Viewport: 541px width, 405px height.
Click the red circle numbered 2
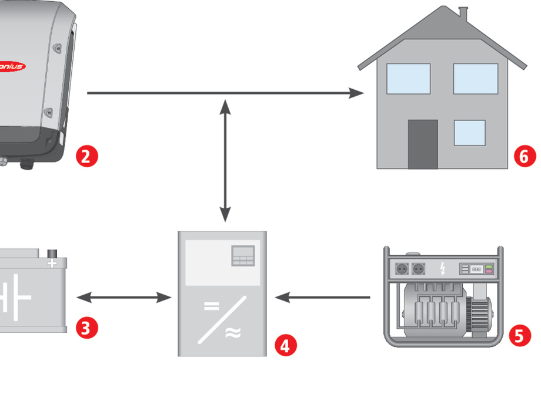pyautogui.click(x=86, y=157)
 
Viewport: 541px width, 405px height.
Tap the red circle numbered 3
pyautogui.click(x=86, y=328)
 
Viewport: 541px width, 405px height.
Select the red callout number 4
pyautogui.click(x=286, y=345)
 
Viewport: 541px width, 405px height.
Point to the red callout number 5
pyautogui.click(x=518, y=335)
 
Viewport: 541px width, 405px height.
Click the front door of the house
pyautogui.click(x=423, y=144)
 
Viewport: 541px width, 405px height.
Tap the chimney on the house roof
pyautogui.click(x=463, y=13)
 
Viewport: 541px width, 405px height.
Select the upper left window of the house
pyautogui.click(x=408, y=79)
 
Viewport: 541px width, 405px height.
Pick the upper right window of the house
pyautogui.click(x=475, y=79)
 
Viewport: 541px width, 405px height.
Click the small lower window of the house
pyautogui.click(x=469, y=133)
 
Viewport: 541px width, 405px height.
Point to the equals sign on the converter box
pyautogui.click(x=211, y=305)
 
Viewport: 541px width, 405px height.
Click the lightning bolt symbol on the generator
pyautogui.click(x=442, y=269)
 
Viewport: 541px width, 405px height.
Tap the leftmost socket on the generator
pyautogui.click(x=403, y=268)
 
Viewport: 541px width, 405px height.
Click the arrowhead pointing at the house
pyautogui.click(x=356, y=93)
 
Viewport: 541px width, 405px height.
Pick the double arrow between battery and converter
pyautogui.click(x=124, y=298)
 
